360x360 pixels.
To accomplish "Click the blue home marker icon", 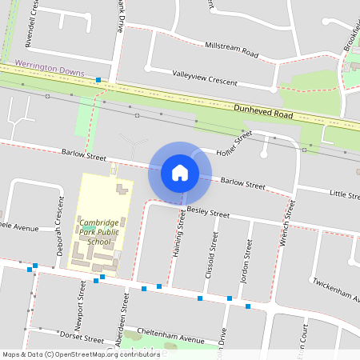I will [x=180, y=172].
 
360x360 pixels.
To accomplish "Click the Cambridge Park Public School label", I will [x=98, y=232].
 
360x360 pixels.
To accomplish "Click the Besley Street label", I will [x=207, y=213].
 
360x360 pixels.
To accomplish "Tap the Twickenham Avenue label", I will [x=336, y=290].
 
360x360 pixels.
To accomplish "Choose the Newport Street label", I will [x=81, y=300].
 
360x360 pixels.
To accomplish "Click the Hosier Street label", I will [x=234, y=144].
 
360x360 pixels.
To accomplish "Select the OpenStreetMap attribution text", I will [x=80, y=354].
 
